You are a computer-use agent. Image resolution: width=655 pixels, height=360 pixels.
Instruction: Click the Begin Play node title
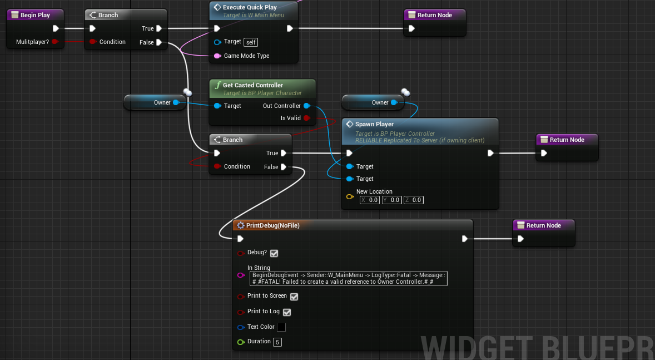(35, 15)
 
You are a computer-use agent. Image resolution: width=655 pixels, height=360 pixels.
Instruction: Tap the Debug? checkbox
(274, 253)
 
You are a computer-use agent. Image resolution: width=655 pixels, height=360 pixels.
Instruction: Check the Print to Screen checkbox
(294, 297)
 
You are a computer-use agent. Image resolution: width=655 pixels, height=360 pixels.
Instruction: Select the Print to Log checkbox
(287, 312)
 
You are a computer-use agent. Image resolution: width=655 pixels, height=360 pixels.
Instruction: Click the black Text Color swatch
(281, 327)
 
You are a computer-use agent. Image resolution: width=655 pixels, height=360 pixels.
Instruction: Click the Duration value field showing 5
(277, 342)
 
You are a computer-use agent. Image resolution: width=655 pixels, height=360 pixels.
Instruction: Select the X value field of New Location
(370, 200)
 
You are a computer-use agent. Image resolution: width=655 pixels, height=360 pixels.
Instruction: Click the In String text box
(349, 278)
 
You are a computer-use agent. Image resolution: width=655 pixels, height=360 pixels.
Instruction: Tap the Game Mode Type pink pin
(217, 56)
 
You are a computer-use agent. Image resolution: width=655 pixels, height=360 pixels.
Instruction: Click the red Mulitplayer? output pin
(54, 42)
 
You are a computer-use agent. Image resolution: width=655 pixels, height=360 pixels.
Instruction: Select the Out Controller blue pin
(306, 106)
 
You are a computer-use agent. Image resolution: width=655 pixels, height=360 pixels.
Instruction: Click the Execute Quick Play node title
(250, 7)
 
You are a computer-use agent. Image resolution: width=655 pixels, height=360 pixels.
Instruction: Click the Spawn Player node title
(374, 124)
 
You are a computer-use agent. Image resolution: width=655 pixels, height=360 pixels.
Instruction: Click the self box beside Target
(251, 42)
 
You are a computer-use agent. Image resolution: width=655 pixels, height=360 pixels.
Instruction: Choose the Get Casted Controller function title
(253, 85)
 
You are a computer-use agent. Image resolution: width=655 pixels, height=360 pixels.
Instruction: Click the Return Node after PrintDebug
(543, 225)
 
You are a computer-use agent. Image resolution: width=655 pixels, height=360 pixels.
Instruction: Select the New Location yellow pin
(350, 196)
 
